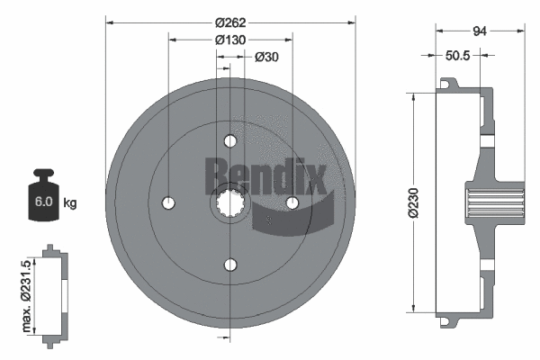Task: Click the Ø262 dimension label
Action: click(231, 13)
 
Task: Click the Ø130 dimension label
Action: click(231, 40)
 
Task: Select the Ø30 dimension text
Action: click(266, 58)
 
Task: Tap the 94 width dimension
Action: click(479, 30)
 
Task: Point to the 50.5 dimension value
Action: click(460, 55)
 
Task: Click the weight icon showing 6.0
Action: click(42, 196)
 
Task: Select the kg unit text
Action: click(70, 203)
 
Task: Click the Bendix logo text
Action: click(265, 176)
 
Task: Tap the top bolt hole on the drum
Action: click(230, 141)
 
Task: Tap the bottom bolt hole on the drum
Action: click(230, 265)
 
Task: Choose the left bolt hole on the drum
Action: click(169, 202)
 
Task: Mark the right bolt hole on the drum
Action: click(292, 203)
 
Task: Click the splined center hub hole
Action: click(230, 203)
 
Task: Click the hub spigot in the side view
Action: click(495, 202)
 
